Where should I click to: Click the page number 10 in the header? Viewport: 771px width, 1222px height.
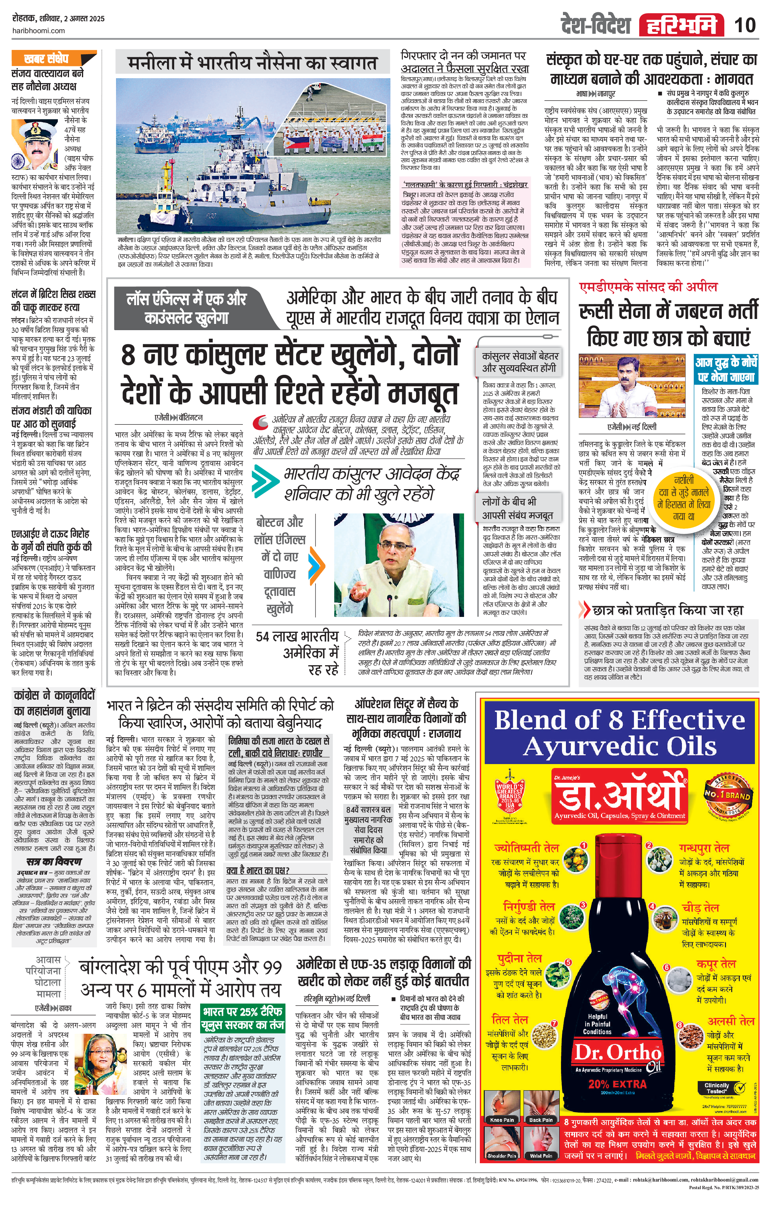745,24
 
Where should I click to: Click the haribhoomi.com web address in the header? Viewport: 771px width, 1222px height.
38,31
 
